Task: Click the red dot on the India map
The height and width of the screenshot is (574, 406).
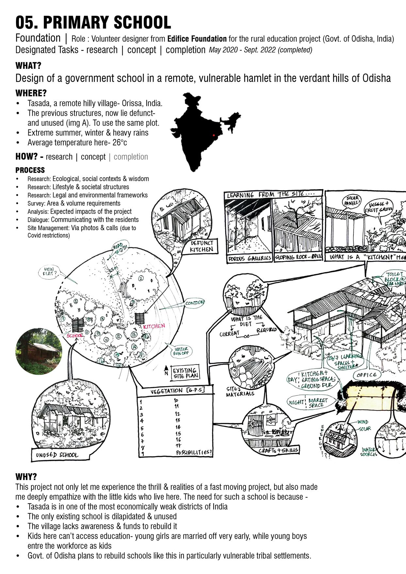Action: click(214, 135)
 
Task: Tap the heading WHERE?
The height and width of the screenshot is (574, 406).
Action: click(31, 93)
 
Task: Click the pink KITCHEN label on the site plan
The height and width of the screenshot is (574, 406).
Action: click(154, 326)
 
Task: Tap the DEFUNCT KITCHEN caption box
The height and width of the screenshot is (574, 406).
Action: click(202, 246)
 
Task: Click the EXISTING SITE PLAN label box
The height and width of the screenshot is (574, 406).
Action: click(186, 373)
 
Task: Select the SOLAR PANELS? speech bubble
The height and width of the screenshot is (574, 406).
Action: click(351, 201)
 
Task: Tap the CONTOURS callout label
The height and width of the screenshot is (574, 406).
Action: click(195, 303)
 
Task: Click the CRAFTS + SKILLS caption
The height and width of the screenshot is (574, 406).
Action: click(278, 450)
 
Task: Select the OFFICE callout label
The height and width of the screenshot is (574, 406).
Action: click(366, 375)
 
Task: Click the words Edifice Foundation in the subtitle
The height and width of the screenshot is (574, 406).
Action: click(197, 39)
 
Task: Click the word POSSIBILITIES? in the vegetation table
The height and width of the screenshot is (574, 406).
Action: click(194, 453)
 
